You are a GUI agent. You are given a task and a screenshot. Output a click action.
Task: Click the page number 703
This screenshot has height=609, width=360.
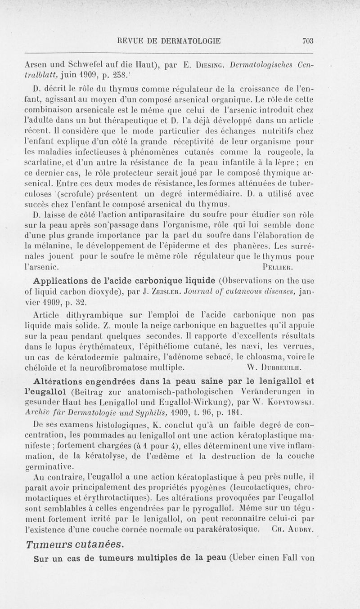pos(307,40)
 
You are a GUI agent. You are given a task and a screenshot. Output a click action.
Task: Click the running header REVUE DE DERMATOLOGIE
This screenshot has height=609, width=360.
pos(169,40)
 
